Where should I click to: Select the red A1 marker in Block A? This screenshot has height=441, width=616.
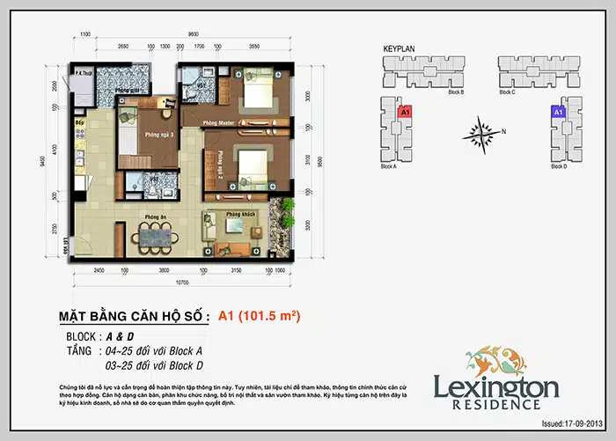point(406,113)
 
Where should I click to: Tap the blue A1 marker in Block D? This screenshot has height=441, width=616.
point(557,113)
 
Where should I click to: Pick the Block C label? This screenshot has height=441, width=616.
point(507,92)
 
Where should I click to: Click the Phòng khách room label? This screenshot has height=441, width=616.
point(239,215)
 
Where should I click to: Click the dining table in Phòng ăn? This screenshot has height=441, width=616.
point(153,236)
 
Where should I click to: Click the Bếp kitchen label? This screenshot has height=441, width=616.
point(79,121)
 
